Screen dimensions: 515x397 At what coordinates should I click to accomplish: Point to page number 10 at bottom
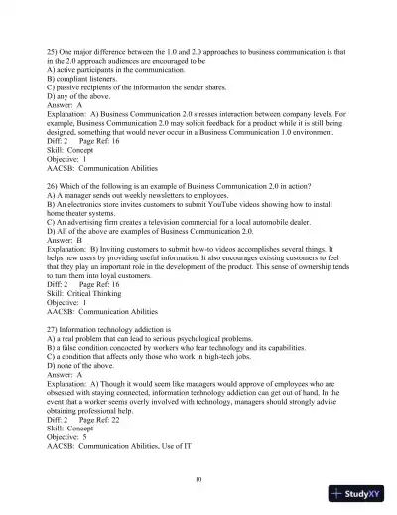198,478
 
